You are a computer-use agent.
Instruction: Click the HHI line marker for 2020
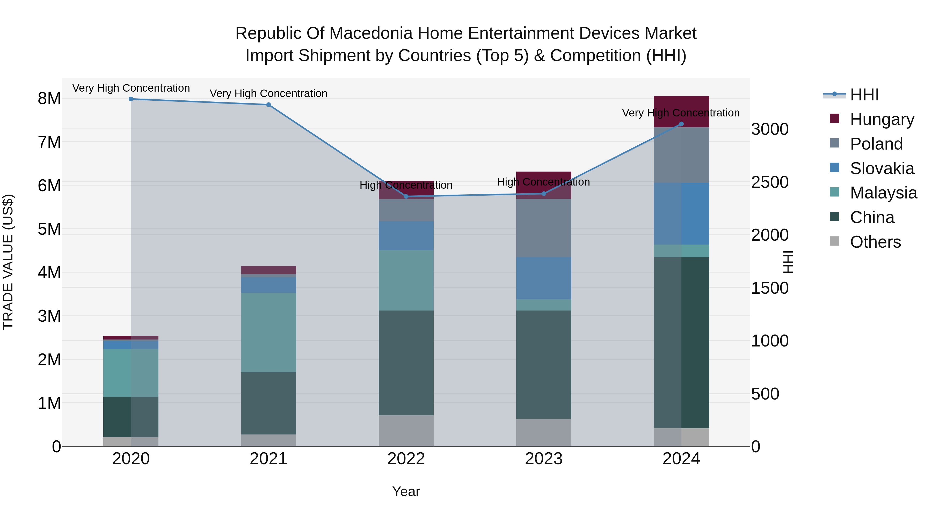[x=131, y=99]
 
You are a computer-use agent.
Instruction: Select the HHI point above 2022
[x=406, y=196]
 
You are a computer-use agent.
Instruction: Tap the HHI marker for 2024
[x=681, y=124]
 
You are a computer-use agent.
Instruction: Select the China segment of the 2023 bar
[x=543, y=365]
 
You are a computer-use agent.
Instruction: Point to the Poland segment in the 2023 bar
[x=543, y=228]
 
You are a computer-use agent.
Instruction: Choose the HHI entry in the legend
[x=864, y=95]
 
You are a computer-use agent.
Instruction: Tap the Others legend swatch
[x=834, y=241]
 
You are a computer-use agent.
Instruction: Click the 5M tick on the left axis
[x=49, y=229]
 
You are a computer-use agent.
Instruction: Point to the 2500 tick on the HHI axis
[x=770, y=182]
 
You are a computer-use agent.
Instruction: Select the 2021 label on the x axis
[x=268, y=459]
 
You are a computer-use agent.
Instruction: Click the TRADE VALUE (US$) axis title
[x=8, y=262]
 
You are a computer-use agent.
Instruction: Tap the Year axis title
[x=406, y=491]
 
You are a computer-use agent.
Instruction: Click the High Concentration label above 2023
[x=543, y=182]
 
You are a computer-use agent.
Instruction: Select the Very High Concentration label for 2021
[x=268, y=93]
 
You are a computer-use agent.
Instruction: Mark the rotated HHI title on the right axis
[x=788, y=262]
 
